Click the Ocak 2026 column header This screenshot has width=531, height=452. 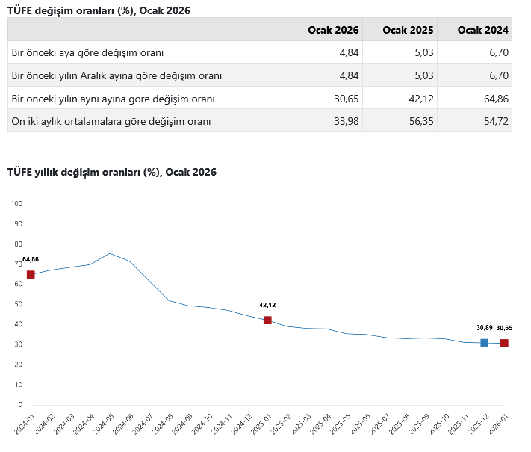pyautogui.click(x=333, y=30)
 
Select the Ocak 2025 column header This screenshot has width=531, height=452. pyautogui.click(x=408, y=30)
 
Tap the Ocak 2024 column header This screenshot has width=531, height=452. pyautogui.click(x=483, y=30)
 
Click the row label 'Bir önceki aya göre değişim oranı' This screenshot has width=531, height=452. pyautogui.click(x=87, y=53)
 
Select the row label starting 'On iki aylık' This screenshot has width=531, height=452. pyautogui.click(x=111, y=121)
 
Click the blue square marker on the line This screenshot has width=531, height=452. pyautogui.click(x=484, y=343)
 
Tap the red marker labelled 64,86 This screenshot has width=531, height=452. pyautogui.click(x=31, y=275)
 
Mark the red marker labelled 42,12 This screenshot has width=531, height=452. pyautogui.click(x=267, y=321)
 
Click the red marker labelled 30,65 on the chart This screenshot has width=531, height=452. pyautogui.click(x=504, y=344)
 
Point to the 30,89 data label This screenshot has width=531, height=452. pyautogui.click(x=484, y=328)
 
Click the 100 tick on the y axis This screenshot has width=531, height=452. pyautogui.click(x=17, y=203)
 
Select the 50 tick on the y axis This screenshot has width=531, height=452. pyautogui.click(x=18, y=304)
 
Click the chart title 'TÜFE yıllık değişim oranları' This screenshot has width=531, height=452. pyautogui.click(x=111, y=172)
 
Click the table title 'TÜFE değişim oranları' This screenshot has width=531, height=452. pyautogui.click(x=99, y=9)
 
